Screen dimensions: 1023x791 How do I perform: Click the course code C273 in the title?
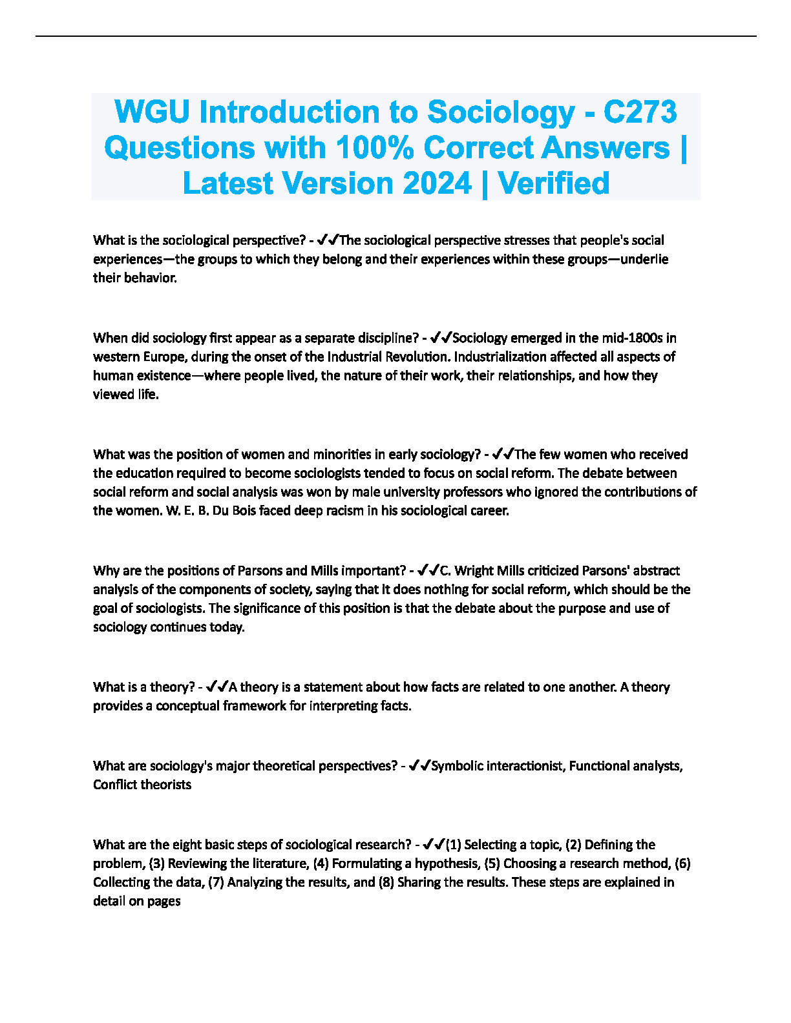point(640,112)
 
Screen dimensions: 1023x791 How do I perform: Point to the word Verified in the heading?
point(554,183)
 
